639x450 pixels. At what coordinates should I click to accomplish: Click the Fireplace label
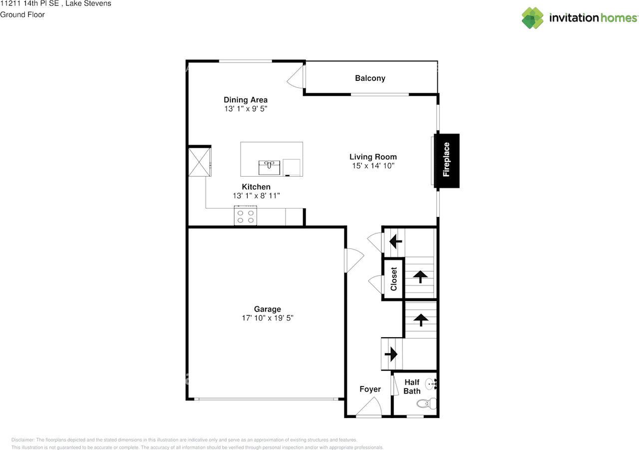coord(446,160)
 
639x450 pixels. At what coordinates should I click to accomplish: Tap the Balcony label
coord(370,78)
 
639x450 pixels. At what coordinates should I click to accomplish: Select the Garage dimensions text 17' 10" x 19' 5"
coord(267,318)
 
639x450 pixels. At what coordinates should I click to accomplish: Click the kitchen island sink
coord(269,168)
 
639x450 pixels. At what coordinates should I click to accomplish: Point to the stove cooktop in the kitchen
coord(245,216)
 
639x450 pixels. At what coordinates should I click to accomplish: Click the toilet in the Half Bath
coord(426,404)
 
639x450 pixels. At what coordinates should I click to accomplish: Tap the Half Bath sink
coord(431,384)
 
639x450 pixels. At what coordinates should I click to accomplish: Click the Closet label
coord(394,279)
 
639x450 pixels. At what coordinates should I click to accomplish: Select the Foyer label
coord(370,389)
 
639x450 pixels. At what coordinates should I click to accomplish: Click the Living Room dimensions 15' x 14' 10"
coord(373,166)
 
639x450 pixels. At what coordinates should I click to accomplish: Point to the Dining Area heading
coord(246,100)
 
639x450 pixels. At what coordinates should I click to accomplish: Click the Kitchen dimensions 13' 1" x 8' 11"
coord(256,196)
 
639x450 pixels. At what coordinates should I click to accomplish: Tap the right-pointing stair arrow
coord(391,354)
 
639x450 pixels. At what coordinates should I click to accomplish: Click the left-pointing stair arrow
coord(396,241)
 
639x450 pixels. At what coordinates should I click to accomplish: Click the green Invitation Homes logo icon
coord(533,18)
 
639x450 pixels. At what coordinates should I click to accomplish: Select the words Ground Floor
coord(22,14)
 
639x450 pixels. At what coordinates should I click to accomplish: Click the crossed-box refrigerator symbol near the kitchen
coord(200,162)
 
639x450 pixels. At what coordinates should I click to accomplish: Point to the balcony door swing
coord(295,77)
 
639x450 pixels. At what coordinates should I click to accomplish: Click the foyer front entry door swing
coord(368,407)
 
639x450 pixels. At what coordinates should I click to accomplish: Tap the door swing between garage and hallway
coord(354,260)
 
